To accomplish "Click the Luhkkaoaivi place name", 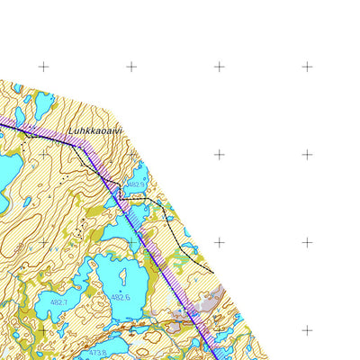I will tap(95, 130).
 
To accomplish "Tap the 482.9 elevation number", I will tap(136, 184).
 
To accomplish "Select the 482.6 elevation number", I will tap(121, 296).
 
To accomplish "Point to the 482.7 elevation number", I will tap(59, 302).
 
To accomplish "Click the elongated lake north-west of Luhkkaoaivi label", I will tap(42, 105).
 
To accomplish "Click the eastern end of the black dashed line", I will tap(213, 271).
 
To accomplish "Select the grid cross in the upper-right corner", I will tap(307, 67).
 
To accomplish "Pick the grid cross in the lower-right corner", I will tap(307, 330).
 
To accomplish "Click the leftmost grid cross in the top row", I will tap(43, 67).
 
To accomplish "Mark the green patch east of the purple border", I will tap(180, 261).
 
